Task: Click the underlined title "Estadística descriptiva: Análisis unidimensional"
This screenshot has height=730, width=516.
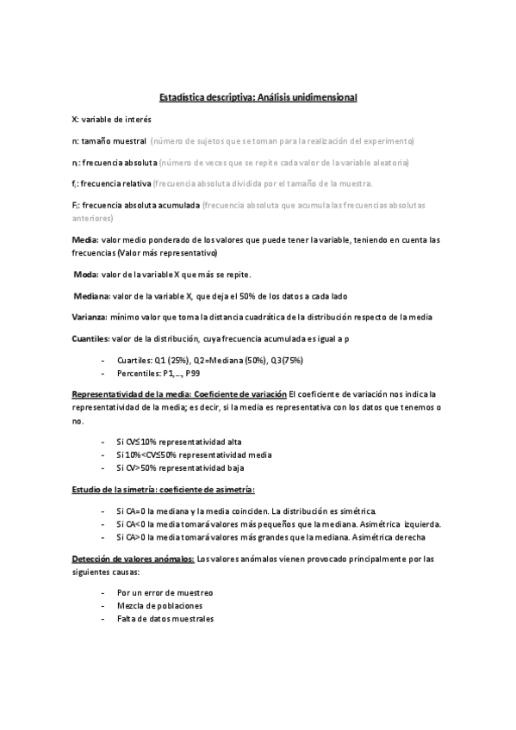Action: tap(258, 98)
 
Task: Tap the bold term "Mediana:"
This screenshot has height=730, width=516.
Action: tap(90, 296)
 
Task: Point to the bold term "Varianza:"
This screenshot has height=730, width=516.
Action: tap(89, 318)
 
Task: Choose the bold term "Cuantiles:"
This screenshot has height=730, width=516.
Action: tap(90, 339)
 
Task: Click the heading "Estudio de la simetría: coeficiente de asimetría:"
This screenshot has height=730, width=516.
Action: tap(163, 489)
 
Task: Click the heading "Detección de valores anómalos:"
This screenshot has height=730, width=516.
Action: tap(134, 559)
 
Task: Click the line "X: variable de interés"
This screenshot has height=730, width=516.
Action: tap(111, 119)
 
